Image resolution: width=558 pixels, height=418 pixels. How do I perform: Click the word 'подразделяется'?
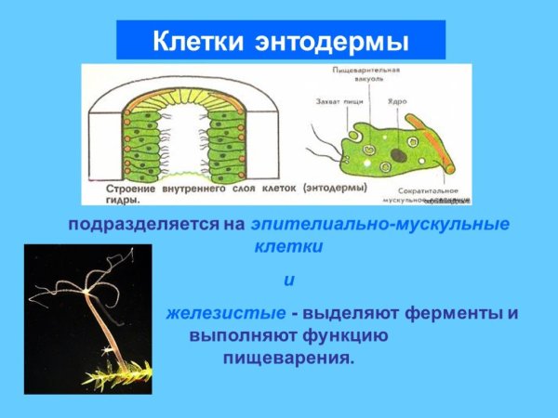141,225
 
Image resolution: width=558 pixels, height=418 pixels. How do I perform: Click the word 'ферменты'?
459,313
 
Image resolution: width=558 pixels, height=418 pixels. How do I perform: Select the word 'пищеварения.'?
288,357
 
